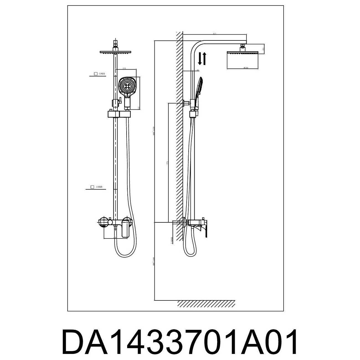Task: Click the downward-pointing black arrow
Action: tap(200, 59)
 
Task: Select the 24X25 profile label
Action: tap(99, 187)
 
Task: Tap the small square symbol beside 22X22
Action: tap(96, 74)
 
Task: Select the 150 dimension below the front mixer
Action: tap(115, 237)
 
